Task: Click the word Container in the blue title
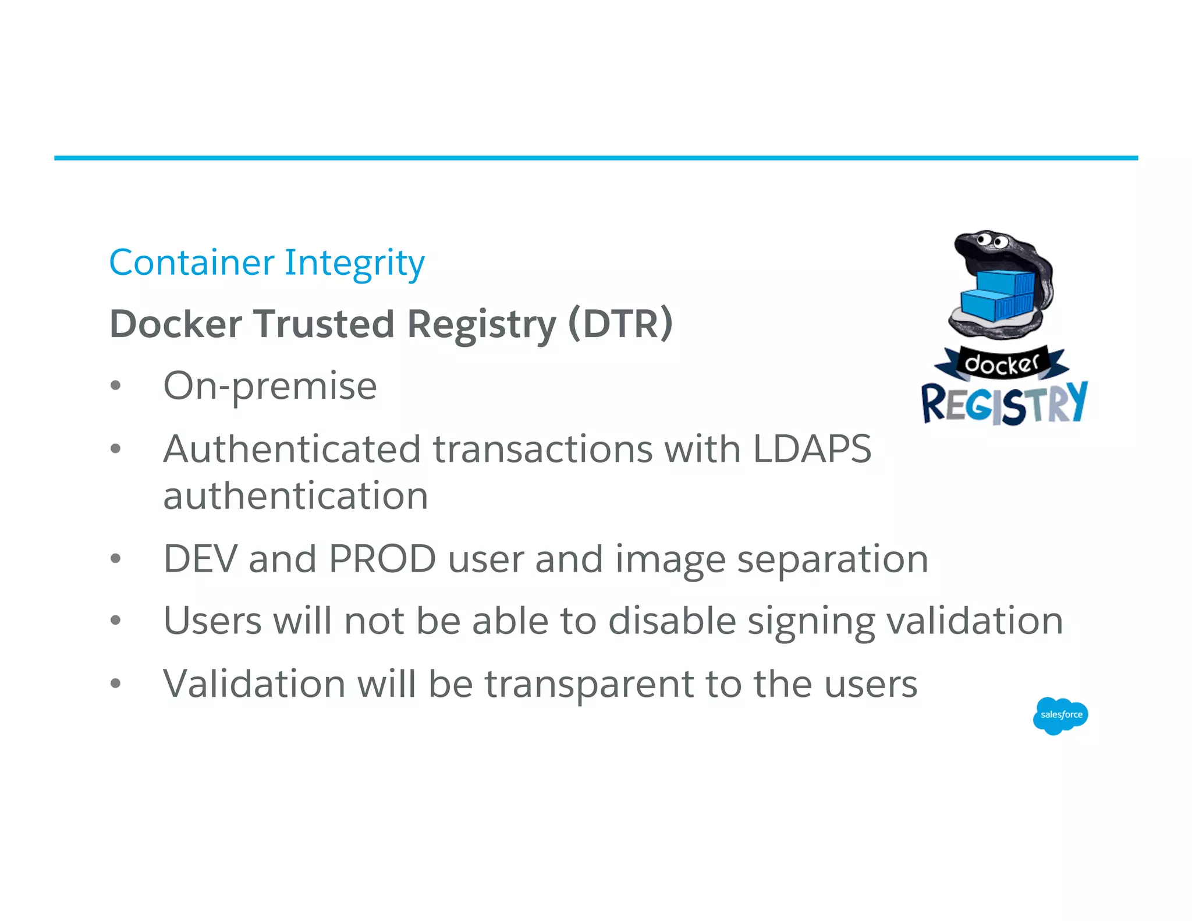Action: (x=191, y=263)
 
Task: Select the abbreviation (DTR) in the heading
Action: (x=620, y=324)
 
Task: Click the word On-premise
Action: (x=270, y=387)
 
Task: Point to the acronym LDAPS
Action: (x=812, y=449)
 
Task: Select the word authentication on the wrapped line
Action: (x=296, y=496)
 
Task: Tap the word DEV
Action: (x=200, y=559)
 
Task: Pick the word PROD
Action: (x=382, y=559)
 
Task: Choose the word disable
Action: (x=672, y=621)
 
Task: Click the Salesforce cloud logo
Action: (x=1060, y=715)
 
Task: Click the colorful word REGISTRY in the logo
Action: (x=1004, y=403)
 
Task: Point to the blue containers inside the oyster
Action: (x=996, y=295)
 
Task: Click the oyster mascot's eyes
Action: (x=992, y=239)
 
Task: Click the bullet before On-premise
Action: (x=116, y=386)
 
